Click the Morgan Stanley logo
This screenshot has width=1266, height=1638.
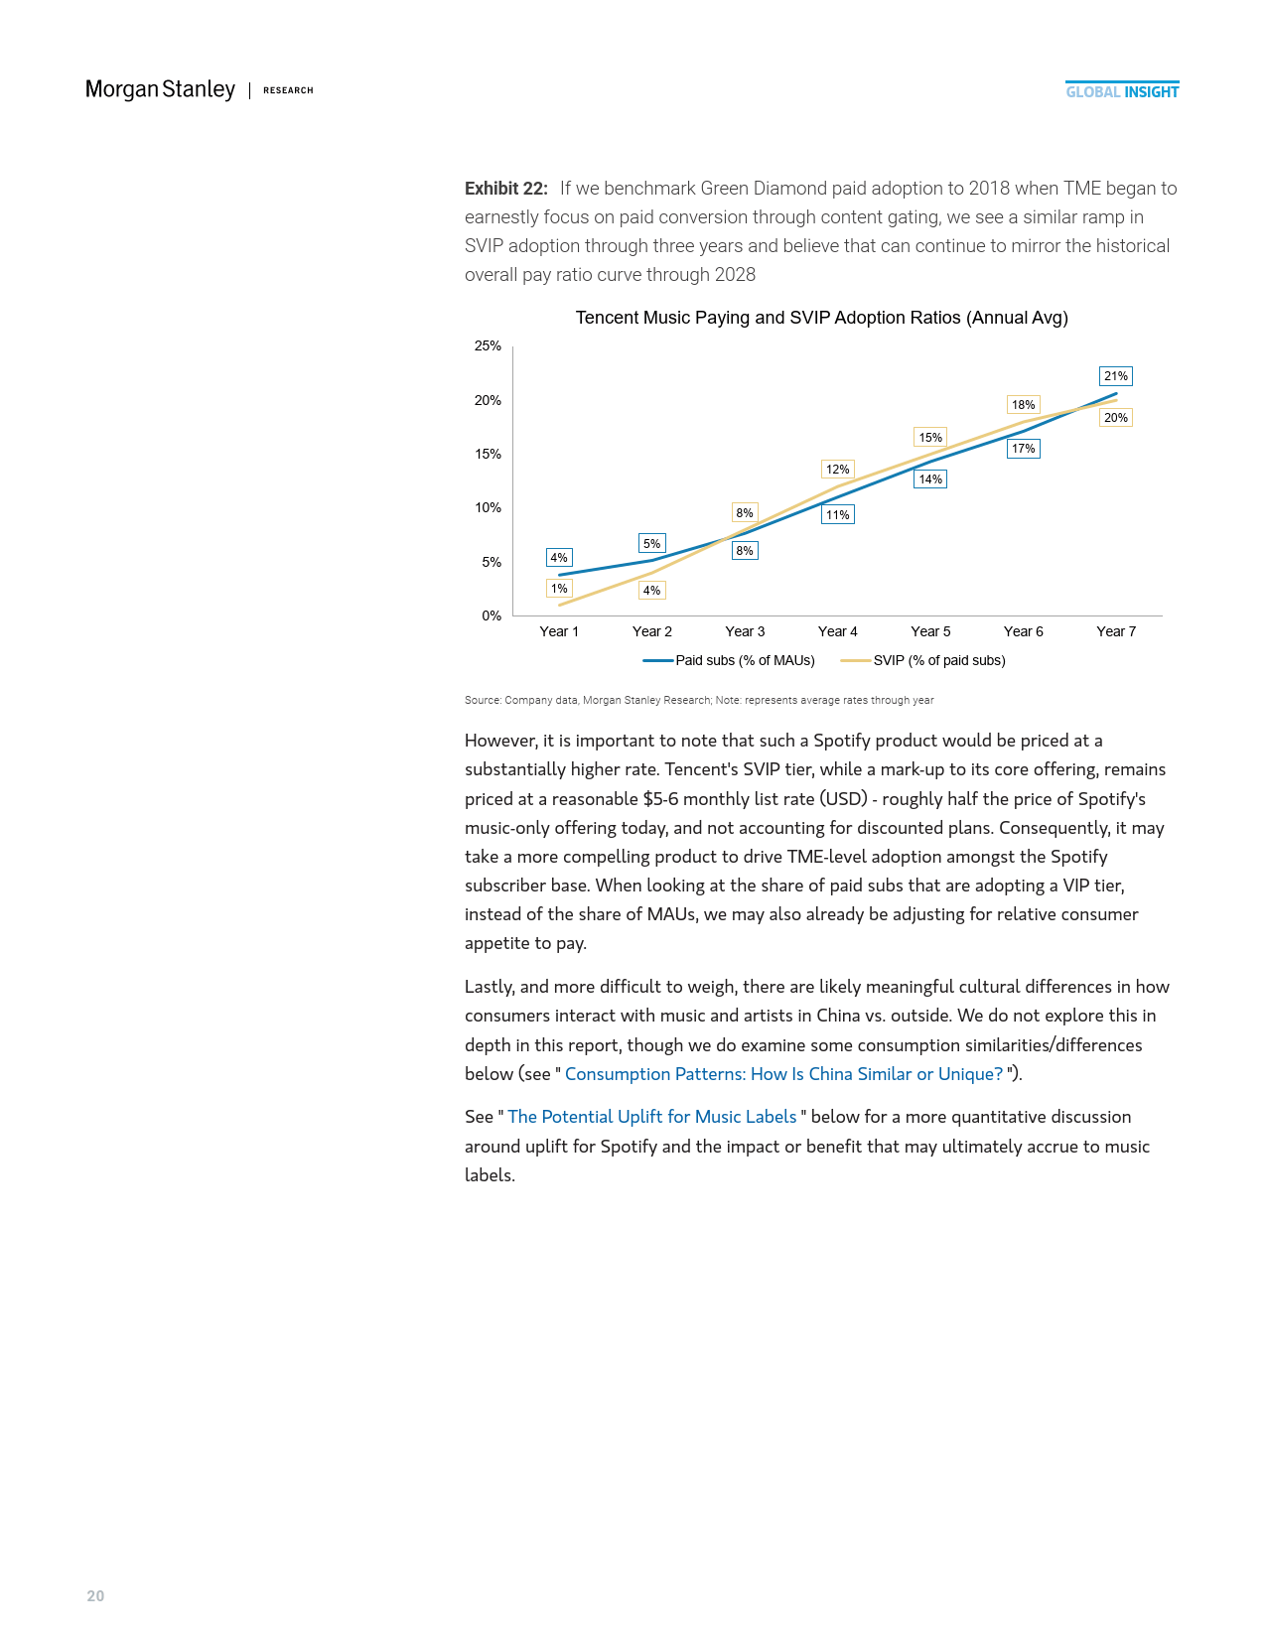point(160,89)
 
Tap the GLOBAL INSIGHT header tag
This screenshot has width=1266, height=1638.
point(1122,91)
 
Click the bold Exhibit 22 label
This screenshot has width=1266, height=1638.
point(506,189)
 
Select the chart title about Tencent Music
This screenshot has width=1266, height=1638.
point(821,318)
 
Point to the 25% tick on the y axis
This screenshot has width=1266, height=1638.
point(488,346)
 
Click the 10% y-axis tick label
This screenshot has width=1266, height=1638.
point(488,508)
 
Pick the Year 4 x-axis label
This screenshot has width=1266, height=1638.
point(837,631)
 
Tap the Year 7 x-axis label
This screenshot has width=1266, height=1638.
point(1116,631)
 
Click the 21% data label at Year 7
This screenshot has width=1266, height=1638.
point(1116,376)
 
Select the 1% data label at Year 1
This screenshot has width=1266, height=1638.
point(559,589)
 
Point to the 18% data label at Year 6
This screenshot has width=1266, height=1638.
point(1023,405)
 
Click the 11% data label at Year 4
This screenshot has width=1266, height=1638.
point(837,515)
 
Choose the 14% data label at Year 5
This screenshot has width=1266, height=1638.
point(930,479)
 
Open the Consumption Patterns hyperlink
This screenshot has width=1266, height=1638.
point(783,1074)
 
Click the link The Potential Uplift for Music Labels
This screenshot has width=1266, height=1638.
point(651,1117)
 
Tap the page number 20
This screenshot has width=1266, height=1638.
point(95,1596)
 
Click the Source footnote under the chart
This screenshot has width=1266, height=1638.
point(699,701)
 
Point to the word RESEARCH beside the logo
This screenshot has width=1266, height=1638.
point(288,90)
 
